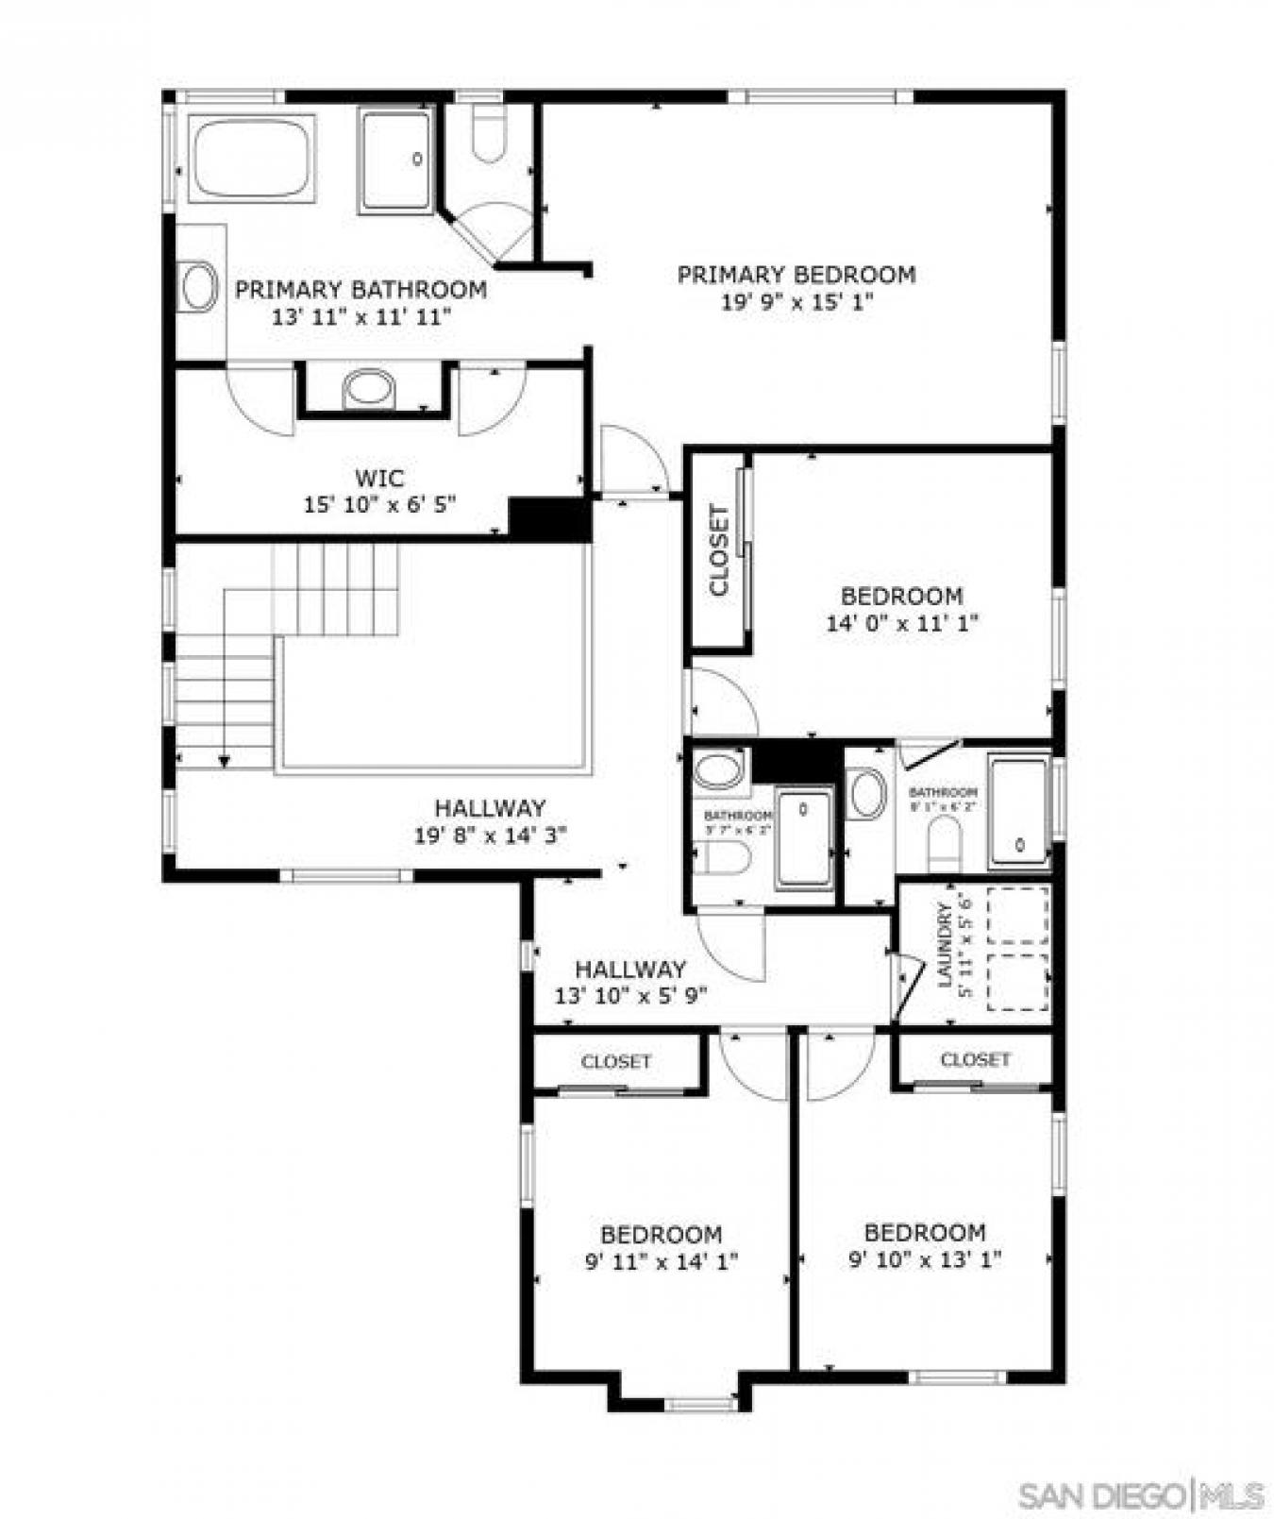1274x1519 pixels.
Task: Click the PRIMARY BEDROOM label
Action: [x=796, y=275]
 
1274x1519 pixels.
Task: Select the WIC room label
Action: [x=378, y=477]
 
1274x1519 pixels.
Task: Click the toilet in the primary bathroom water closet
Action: [x=489, y=135]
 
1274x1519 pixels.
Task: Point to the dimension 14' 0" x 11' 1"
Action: [x=901, y=623]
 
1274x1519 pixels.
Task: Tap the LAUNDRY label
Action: [x=943, y=945]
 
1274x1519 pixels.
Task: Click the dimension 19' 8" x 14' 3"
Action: [x=489, y=835]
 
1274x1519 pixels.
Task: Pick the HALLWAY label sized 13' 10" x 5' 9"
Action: [x=630, y=970]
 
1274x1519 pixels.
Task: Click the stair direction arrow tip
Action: [x=225, y=762]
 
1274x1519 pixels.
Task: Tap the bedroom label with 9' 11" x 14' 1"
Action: [x=661, y=1234]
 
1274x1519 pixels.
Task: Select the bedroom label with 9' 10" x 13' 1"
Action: [x=924, y=1232]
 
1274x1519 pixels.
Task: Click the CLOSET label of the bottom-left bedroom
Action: [x=616, y=1062]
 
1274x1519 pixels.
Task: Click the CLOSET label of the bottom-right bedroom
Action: [x=975, y=1060]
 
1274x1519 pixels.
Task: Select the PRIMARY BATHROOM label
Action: [x=360, y=290]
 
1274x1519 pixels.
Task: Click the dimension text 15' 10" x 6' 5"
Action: [x=378, y=505]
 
